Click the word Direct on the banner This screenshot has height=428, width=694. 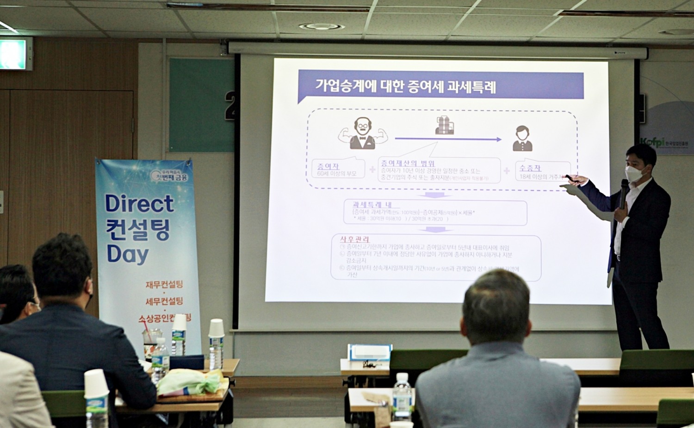(139, 203)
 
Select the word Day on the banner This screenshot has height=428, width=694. (127, 254)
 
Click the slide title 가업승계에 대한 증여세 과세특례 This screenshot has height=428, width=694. (405, 86)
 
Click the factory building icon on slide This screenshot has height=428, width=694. (444, 125)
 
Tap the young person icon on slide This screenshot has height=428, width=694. (522, 139)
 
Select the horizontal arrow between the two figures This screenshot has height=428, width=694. (448, 139)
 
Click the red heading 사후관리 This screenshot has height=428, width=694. (355, 239)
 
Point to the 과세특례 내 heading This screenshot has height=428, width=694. (372, 204)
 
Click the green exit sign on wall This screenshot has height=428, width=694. (14, 54)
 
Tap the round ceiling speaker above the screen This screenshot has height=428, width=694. (322, 27)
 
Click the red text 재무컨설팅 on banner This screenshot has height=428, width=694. (164, 284)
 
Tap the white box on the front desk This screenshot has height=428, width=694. (369, 353)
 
